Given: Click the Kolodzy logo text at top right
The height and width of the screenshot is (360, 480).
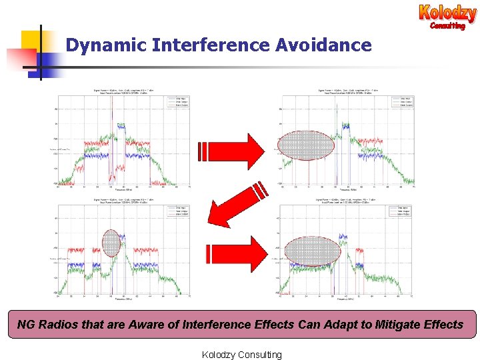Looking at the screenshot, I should [447, 13].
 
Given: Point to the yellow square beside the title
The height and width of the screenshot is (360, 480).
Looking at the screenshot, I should [33, 42].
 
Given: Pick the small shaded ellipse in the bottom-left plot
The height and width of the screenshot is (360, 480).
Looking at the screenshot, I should [111, 243].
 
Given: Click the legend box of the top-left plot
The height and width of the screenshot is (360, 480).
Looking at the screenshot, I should [176, 102].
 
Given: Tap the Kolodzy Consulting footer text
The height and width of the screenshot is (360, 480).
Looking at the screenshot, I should [241, 354].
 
